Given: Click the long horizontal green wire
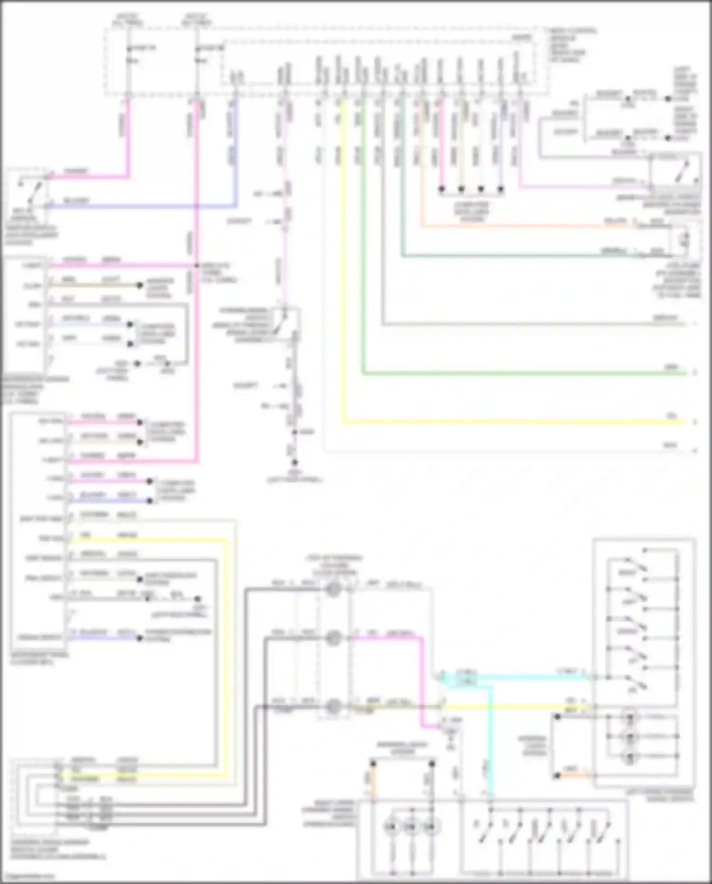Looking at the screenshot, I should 522,374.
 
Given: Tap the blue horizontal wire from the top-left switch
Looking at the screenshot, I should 142,207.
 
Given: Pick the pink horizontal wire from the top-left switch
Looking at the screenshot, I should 90,178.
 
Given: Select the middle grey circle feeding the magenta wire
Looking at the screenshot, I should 334,638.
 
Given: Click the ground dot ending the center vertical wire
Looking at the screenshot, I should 295,462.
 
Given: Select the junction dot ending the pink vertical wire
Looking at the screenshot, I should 441,189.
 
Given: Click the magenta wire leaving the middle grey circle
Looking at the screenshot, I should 389,638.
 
